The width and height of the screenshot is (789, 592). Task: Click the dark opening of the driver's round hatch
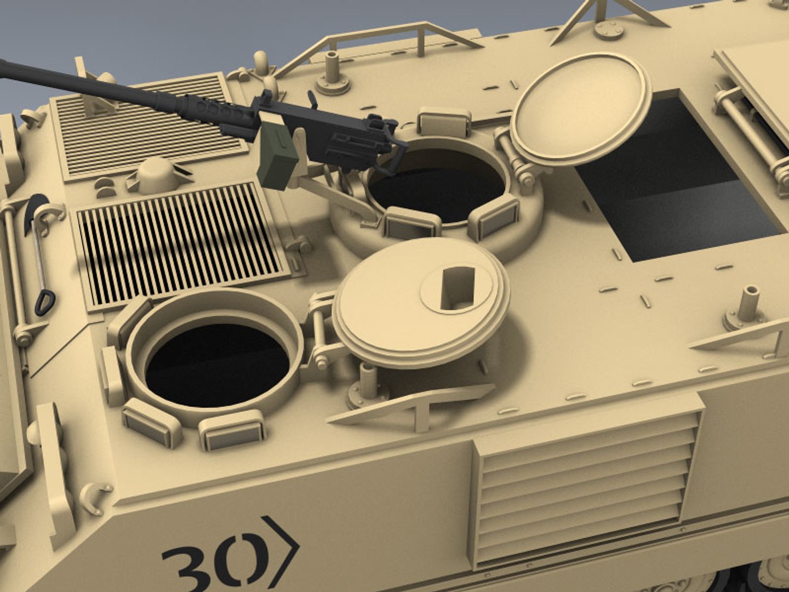point(217,364)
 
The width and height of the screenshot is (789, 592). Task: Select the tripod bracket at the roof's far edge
point(608,16)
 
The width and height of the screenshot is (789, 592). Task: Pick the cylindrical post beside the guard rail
point(332,71)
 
